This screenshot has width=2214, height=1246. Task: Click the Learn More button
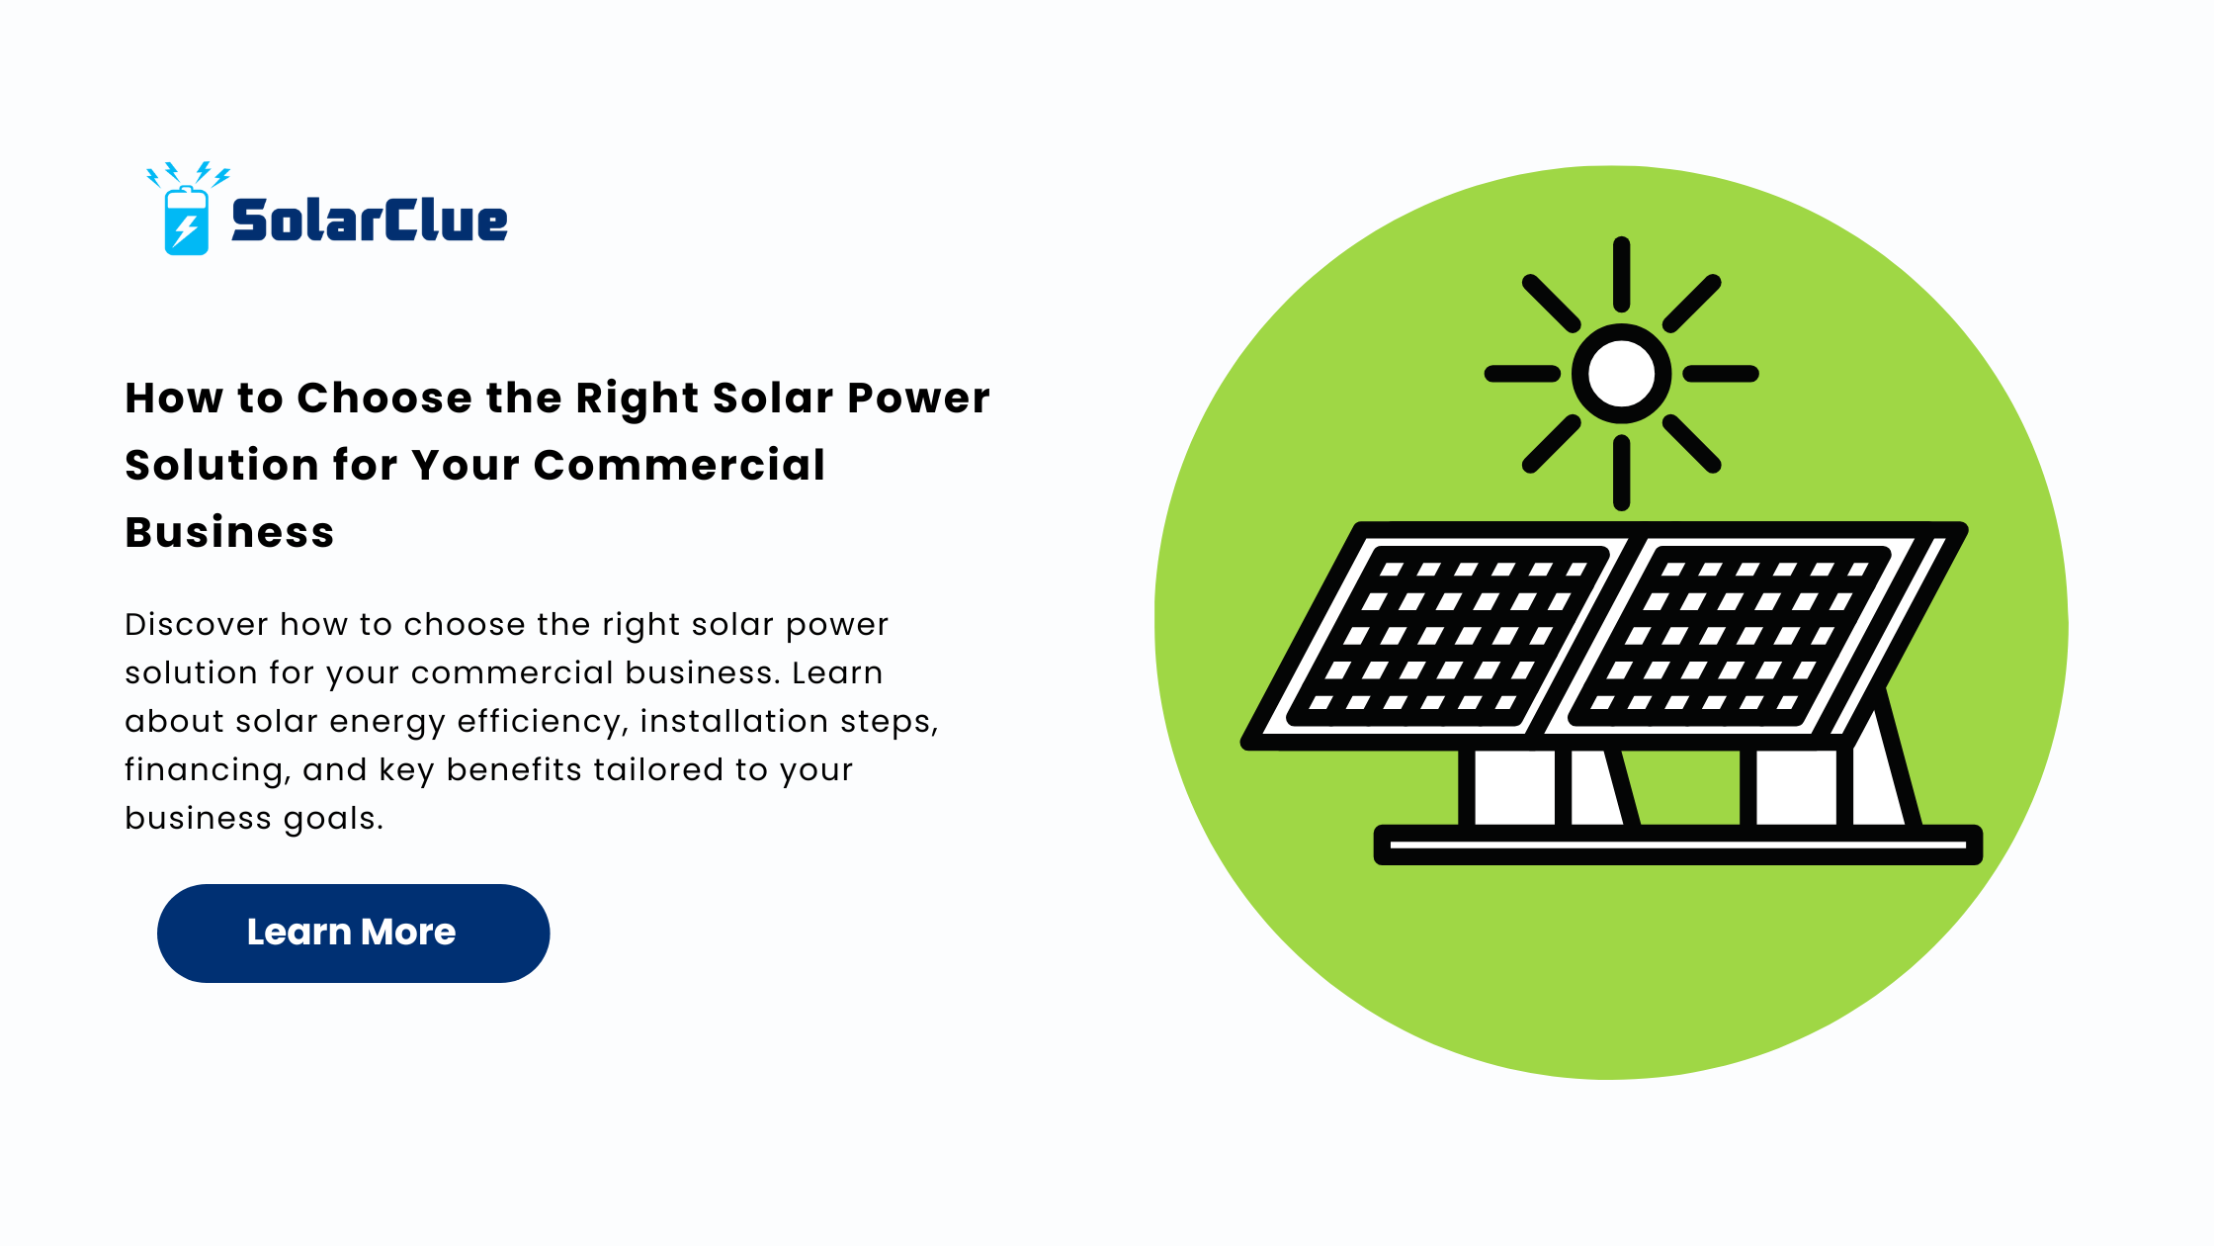[x=353, y=933]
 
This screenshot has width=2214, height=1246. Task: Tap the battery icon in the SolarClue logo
[x=186, y=221]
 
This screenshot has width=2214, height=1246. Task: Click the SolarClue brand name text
[x=370, y=220]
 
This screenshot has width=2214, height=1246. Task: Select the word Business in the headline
[x=229, y=532]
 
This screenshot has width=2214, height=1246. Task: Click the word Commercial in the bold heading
[x=679, y=465]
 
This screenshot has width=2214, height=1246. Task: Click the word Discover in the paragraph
[x=197, y=624]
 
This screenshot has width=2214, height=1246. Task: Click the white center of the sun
[x=1621, y=374]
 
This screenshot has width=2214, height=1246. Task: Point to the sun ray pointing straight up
[x=1621, y=275]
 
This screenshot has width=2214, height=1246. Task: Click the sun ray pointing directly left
[x=1522, y=374]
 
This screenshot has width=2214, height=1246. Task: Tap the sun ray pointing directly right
[x=1721, y=374]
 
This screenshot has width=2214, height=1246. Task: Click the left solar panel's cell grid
[x=1448, y=636]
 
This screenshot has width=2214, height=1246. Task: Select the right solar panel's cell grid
[x=1730, y=636]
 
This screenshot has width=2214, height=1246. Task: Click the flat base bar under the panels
[x=1677, y=845]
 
